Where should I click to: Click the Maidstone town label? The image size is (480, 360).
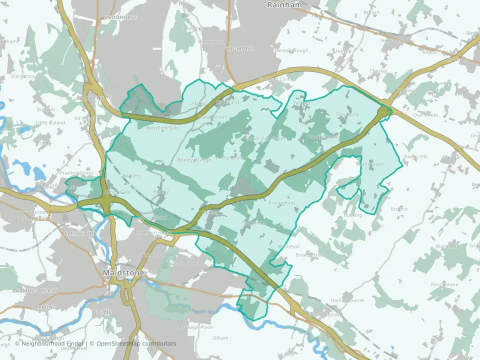click(x=123, y=273)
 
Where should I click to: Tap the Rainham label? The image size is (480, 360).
click(x=284, y=5)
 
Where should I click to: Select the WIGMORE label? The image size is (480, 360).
click(x=238, y=48)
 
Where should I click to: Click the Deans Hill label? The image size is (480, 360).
click(x=416, y=156)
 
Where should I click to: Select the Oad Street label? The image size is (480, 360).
click(x=425, y=115)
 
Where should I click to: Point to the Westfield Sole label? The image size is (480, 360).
click(x=162, y=127)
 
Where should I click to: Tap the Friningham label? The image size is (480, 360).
click(x=281, y=203)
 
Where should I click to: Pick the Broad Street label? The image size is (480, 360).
click(x=310, y=254)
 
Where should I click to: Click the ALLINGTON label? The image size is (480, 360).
click(x=79, y=233)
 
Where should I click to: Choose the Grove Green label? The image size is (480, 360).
click(x=185, y=263)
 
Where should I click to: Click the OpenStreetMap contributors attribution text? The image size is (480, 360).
click(x=136, y=343)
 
